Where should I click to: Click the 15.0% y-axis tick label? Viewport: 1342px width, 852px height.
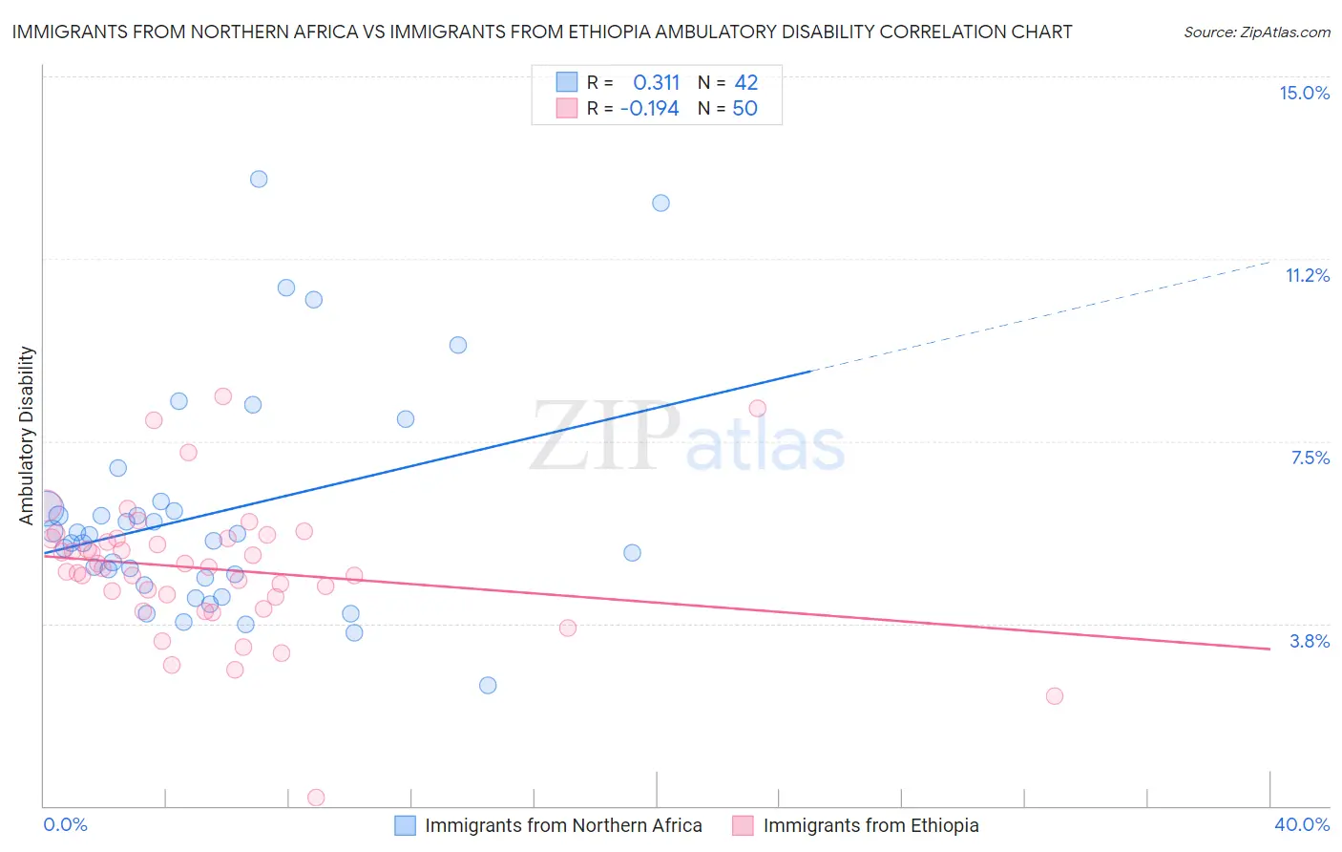point(1304,93)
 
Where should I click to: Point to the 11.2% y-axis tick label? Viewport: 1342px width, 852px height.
point(1307,275)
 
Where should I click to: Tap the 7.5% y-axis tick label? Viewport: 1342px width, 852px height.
point(1310,458)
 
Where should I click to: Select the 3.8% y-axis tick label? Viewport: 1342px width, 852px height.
point(1310,641)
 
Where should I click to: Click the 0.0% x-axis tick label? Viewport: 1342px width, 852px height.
point(65,824)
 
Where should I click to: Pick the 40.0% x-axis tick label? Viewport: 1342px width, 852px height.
point(1301,824)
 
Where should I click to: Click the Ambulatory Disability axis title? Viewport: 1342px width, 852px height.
point(27,435)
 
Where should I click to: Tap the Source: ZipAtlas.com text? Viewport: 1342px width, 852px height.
point(1256,32)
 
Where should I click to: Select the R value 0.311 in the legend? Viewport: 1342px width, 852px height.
point(656,83)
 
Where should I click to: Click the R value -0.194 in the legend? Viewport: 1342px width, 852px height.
point(649,109)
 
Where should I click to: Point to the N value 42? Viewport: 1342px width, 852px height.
point(745,83)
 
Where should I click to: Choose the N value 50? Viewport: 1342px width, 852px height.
point(744,109)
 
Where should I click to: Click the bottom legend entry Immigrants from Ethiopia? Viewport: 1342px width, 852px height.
point(870,825)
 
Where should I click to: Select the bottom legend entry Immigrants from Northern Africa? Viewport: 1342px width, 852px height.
point(563,825)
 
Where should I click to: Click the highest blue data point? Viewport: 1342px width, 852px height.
point(259,179)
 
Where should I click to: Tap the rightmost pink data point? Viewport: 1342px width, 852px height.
point(1055,695)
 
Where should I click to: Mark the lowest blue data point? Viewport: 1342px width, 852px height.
point(488,685)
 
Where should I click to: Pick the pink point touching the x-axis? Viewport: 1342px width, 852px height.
point(316,798)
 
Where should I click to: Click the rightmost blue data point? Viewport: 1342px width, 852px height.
point(661,202)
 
